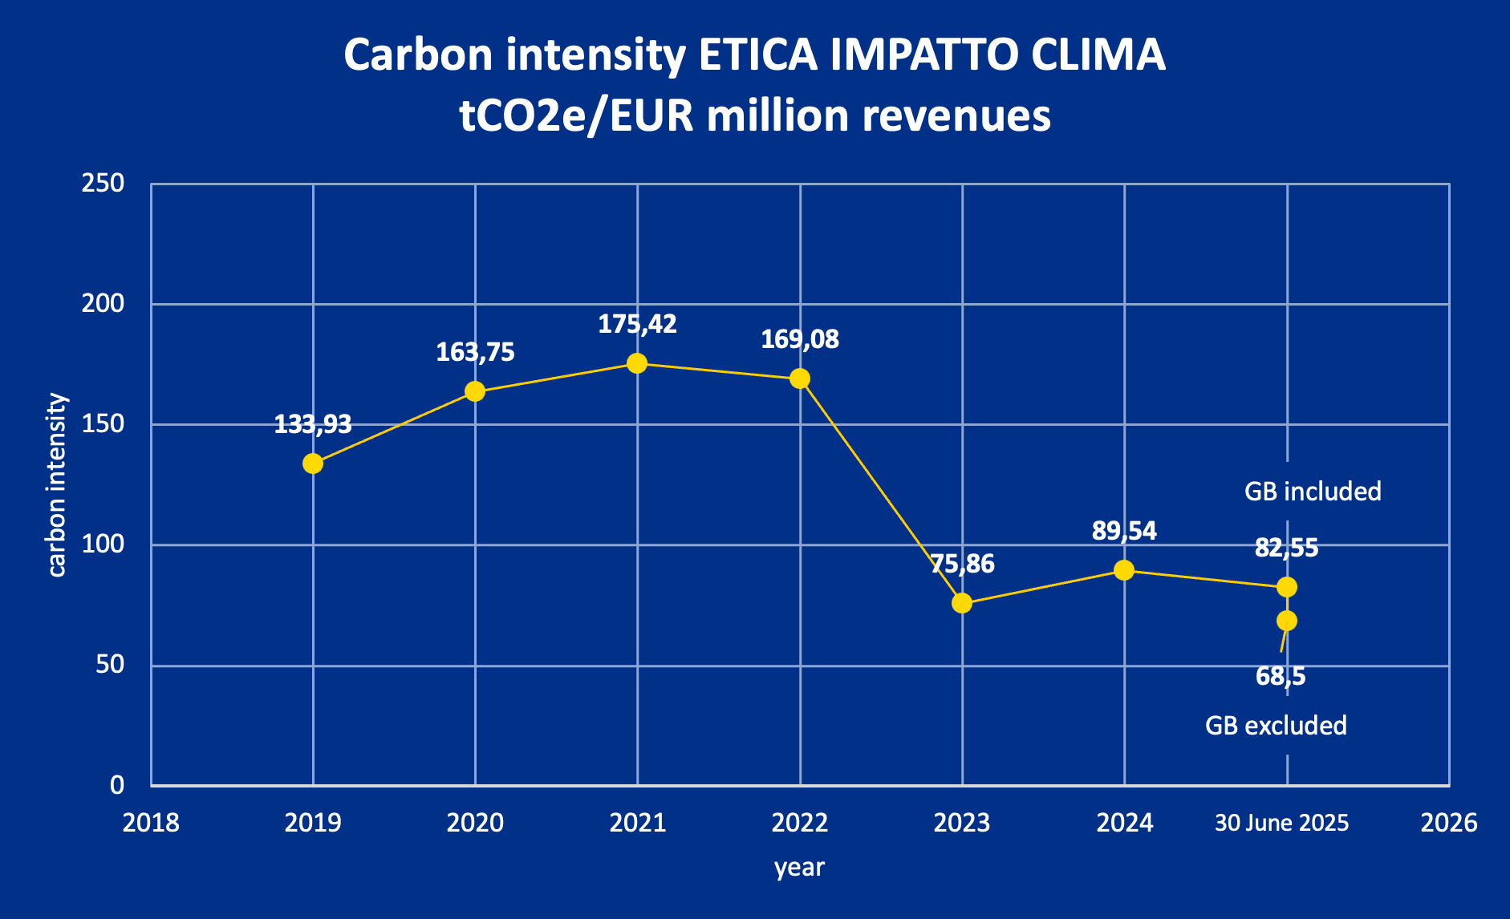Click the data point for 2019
313,464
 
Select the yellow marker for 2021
637,363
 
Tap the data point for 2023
962,603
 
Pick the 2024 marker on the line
1124,570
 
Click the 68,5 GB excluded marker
1287,621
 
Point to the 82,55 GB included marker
1287,587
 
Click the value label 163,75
475,352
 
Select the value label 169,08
800,339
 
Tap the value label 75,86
962,564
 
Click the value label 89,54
1124,531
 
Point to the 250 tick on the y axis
104,184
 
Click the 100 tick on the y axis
104,545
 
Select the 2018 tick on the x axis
151,823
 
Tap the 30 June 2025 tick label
1281,823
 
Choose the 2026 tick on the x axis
1448,823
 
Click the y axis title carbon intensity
56,484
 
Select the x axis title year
799,867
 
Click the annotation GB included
1313,492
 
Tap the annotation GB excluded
1276,726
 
